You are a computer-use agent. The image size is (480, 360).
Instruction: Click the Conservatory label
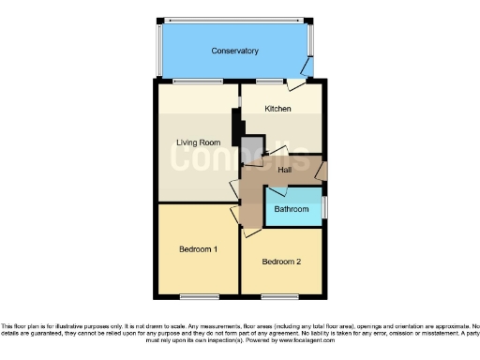point(234,51)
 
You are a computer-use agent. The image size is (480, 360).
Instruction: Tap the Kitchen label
point(277,109)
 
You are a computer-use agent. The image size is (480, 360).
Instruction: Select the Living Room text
point(198,142)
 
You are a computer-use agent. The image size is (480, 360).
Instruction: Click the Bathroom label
point(292,209)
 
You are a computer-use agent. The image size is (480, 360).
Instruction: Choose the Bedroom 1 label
point(198,249)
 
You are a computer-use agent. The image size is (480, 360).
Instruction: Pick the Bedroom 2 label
point(281,261)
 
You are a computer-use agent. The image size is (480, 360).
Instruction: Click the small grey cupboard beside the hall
point(252,150)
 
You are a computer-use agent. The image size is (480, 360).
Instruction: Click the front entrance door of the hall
point(321,172)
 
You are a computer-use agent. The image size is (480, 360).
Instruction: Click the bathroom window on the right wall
point(326,206)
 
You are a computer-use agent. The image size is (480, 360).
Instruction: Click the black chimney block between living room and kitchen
point(237,125)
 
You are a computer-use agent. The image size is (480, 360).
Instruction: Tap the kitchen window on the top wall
point(273,82)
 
